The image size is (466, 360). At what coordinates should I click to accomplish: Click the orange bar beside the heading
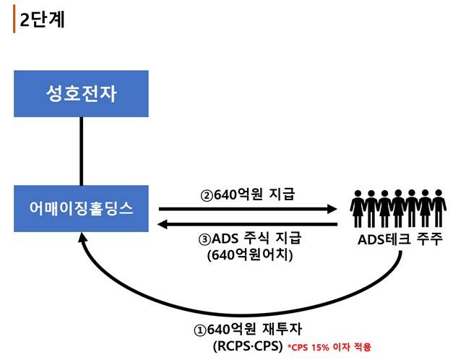pos(14,20)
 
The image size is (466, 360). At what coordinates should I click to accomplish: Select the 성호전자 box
pos(80,94)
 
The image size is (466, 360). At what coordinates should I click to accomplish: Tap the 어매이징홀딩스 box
pos(80,208)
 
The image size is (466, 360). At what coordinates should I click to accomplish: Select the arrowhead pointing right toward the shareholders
pos(333,209)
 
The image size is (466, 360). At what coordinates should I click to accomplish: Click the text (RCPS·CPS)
pos(247,346)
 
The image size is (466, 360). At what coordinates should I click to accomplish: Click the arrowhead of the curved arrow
pos(84,239)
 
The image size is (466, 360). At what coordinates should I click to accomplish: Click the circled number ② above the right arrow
pos(206,194)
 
